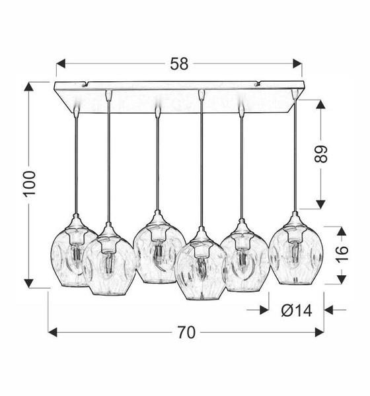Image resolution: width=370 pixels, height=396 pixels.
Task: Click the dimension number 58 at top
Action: pos(179,64)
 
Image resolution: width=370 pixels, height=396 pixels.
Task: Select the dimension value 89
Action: pos(320,154)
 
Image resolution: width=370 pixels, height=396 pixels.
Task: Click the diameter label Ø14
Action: pos(296,310)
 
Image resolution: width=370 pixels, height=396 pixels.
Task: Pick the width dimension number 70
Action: pos(186,333)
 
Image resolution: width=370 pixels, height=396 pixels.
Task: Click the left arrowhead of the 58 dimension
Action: pos(60,64)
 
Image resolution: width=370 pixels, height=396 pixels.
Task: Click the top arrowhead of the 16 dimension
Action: pos(340,231)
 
